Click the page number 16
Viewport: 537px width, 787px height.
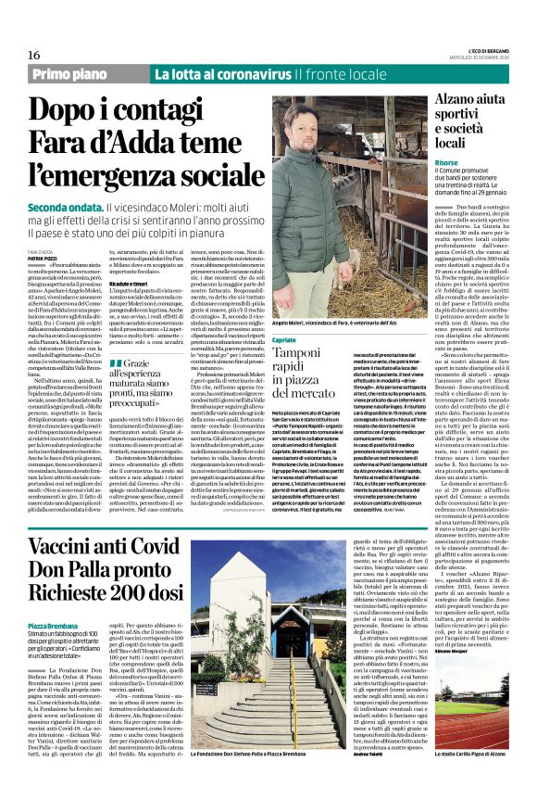(x=33, y=55)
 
